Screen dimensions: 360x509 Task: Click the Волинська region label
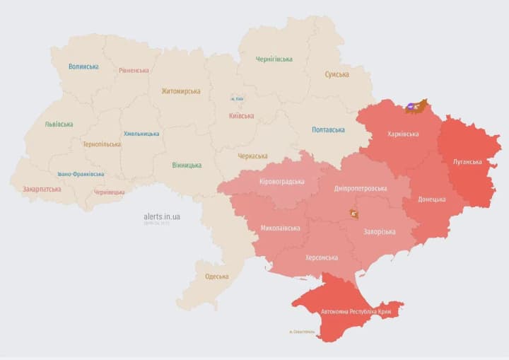coord(83,66)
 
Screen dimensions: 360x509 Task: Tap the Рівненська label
coord(134,70)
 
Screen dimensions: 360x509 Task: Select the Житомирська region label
coord(180,91)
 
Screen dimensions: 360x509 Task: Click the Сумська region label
coord(337,74)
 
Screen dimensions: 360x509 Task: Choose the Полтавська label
coord(328,129)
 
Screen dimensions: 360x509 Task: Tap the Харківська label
coord(403,134)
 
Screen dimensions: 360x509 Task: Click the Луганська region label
coord(468,161)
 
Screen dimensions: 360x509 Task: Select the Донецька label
coord(431,199)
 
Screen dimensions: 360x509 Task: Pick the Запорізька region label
coord(380,232)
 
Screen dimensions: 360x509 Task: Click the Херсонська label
coord(322,257)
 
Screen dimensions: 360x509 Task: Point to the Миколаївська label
coord(280,228)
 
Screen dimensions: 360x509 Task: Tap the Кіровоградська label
coord(282,182)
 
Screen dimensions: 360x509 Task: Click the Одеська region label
coord(216,277)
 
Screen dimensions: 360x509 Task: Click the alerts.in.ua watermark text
coord(162,216)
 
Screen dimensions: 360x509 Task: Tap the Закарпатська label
coord(42,190)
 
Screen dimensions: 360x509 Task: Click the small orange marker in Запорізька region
coord(353,214)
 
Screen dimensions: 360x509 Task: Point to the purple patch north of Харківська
coord(410,108)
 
